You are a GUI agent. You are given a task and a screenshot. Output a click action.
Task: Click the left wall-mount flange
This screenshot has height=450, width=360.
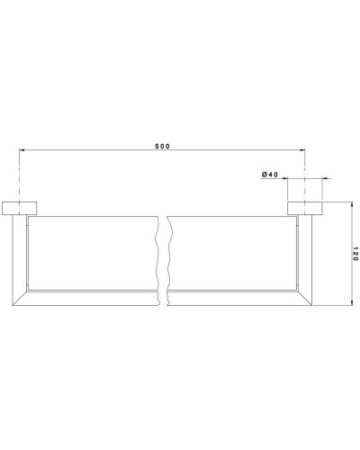pos(19,209)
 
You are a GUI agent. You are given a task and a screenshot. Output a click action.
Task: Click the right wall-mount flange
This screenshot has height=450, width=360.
pos(306,209)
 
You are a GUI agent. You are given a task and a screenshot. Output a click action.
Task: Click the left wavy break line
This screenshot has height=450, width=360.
pos(157,256)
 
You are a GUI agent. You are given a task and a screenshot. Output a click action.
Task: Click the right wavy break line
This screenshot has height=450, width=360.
pos(168,256)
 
